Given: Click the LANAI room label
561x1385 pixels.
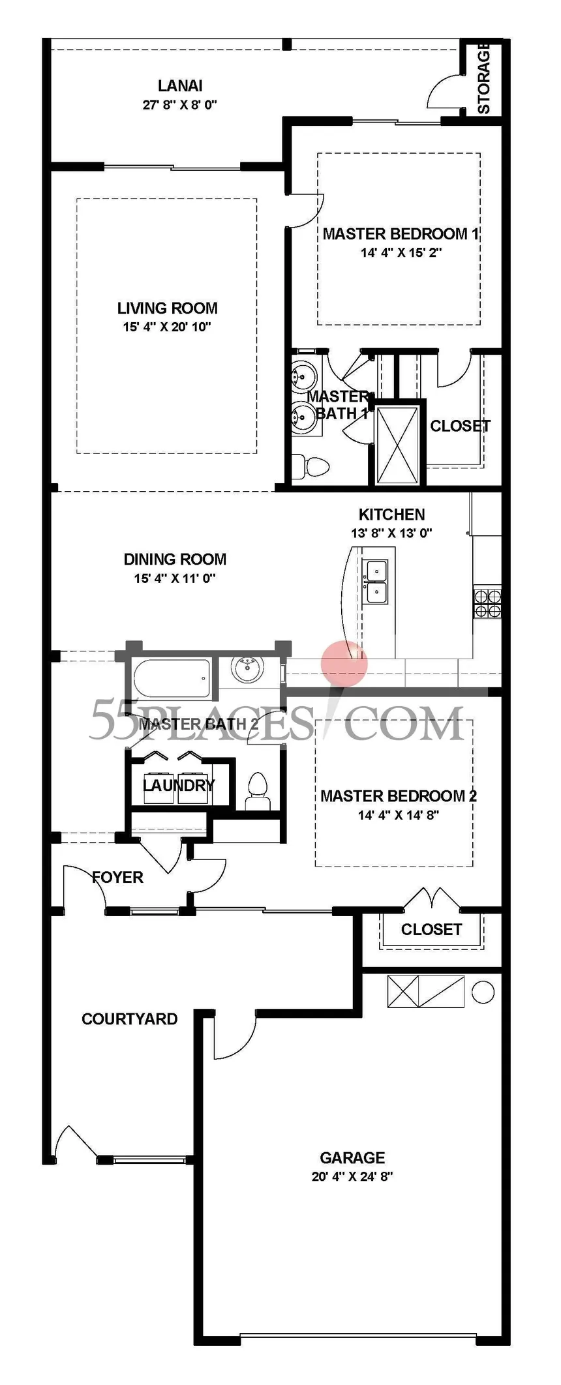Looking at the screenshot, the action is click(180, 85).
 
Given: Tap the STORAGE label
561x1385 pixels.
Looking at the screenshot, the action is click(483, 78).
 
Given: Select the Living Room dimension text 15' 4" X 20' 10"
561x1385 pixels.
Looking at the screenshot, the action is click(167, 327).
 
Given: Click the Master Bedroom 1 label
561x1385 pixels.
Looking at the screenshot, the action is click(401, 233).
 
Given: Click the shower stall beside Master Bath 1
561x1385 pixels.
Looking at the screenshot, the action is click(397, 444).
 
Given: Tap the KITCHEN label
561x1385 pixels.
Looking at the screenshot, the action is click(391, 514).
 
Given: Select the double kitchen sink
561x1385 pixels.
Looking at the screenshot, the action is click(375, 582).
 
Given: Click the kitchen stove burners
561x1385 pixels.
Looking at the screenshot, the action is click(487, 603).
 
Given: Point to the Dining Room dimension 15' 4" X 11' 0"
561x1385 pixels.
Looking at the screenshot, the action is click(175, 578).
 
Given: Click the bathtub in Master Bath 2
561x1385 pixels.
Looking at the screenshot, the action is click(172, 678).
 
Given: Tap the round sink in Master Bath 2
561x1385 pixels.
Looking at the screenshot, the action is click(248, 669).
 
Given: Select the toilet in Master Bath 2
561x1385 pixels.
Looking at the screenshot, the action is click(258, 792).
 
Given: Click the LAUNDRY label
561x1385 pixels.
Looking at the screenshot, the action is click(179, 785).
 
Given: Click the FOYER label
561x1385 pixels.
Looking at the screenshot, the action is click(117, 877).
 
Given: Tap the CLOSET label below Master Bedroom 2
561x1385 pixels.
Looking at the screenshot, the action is click(431, 929).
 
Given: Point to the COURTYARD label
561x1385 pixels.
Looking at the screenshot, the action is click(129, 1019).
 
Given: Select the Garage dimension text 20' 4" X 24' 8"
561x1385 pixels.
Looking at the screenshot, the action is click(352, 1176).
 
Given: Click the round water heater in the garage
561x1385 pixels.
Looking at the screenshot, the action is click(483, 992).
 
